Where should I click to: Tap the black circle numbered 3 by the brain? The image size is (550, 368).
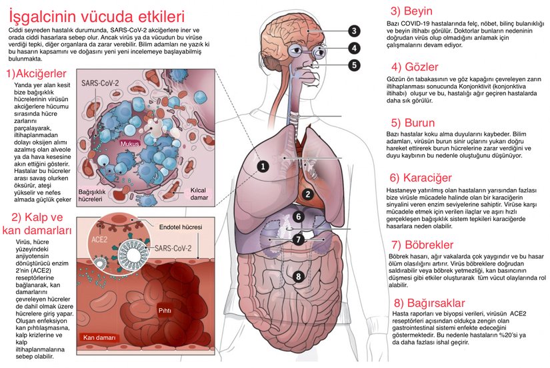pyautogui.click(x=354, y=31)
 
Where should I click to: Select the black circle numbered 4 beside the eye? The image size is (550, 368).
pyautogui.click(x=354, y=48)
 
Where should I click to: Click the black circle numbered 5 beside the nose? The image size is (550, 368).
pyautogui.click(x=354, y=65)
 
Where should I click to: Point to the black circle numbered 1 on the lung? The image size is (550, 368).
pyautogui.click(x=263, y=166)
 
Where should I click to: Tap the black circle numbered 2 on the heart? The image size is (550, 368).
pyautogui.click(x=307, y=194)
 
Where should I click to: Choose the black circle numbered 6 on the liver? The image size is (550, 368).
pyautogui.click(x=299, y=216)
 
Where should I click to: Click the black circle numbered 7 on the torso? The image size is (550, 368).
pyautogui.click(x=299, y=239)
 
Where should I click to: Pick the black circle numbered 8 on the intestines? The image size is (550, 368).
pyautogui.click(x=299, y=276)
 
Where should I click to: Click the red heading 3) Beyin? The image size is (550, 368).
pyautogui.click(x=411, y=11)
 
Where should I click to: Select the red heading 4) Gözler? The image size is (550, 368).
pyautogui.click(x=415, y=67)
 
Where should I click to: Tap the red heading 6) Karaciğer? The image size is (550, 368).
pyautogui.click(x=421, y=178)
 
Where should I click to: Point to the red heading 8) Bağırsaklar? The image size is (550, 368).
pyautogui.click(x=427, y=303)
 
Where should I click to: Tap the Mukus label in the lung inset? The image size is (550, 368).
pyautogui.click(x=128, y=143)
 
